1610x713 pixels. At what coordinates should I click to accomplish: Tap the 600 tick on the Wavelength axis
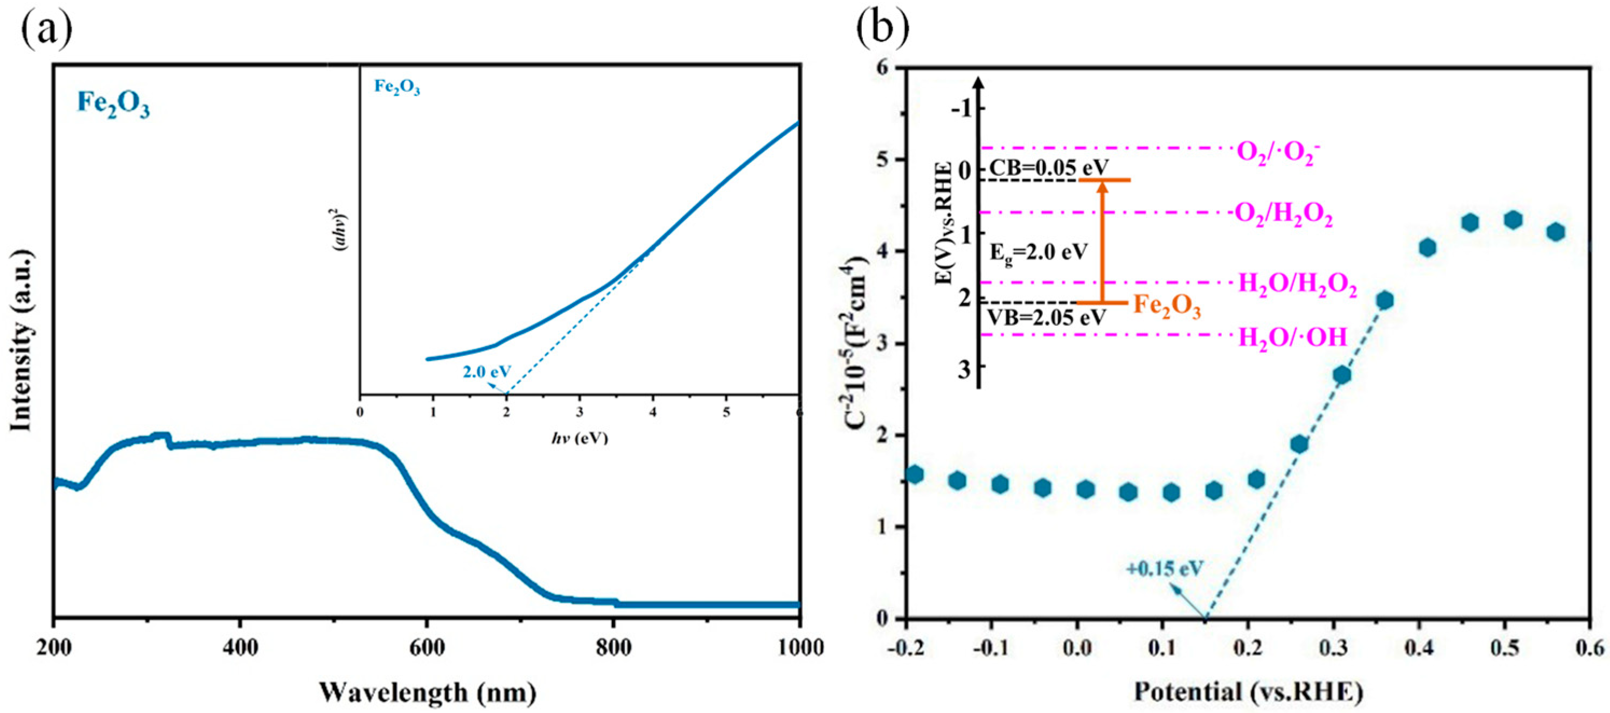[x=427, y=648]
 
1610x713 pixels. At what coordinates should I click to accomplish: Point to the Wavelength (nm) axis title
[x=428, y=692]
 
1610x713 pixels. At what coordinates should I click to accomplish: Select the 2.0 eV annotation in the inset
[x=486, y=371]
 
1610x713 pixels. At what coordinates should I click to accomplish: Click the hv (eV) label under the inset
[x=579, y=438]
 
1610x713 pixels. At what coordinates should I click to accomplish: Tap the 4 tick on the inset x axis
[x=653, y=413]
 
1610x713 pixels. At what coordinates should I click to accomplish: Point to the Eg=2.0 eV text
[x=1038, y=253]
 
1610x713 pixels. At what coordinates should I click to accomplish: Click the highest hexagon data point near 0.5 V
[x=1513, y=220]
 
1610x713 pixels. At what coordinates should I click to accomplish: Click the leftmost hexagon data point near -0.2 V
[x=915, y=474]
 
